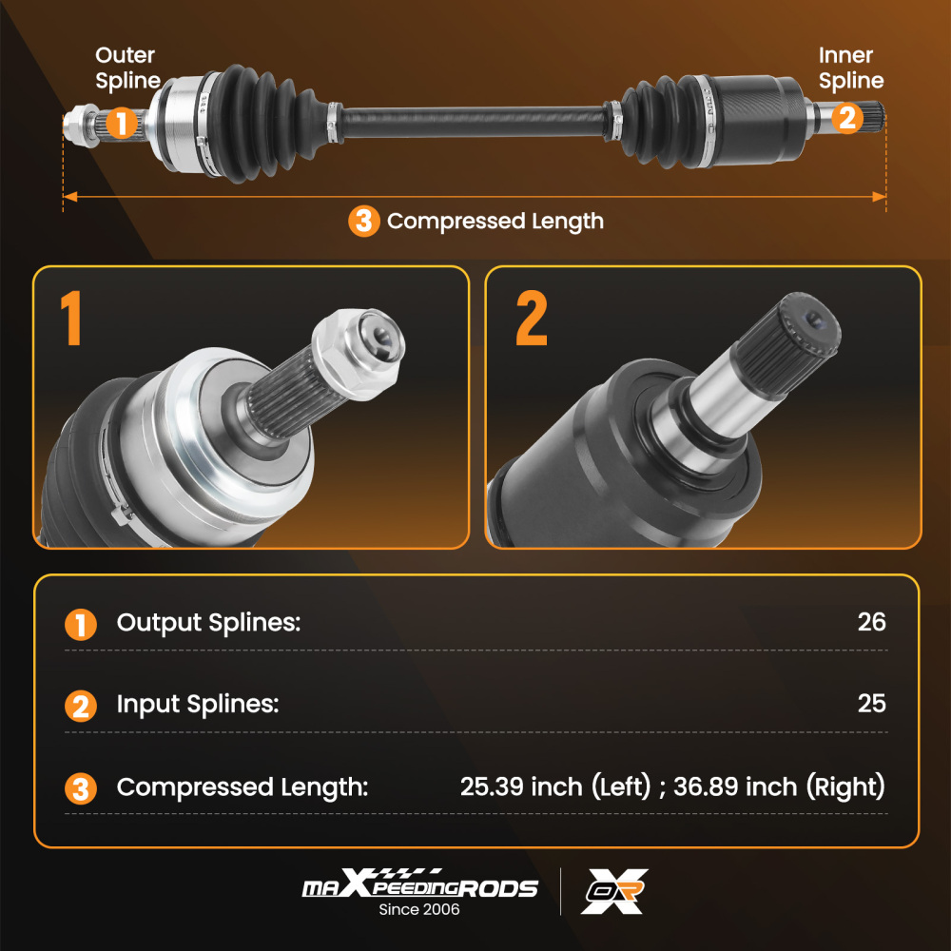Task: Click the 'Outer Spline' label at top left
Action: click(127, 68)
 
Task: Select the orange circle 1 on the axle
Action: click(120, 123)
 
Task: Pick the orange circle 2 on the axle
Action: click(848, 118)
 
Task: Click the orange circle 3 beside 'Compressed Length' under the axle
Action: click(363, 222)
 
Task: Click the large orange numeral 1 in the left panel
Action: click(69, 319)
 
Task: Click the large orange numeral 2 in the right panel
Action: click(532, 319)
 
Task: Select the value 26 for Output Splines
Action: click(871, 622)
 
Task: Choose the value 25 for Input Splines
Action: click(871, 704)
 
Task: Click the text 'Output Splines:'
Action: click(208, 623)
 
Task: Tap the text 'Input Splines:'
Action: click(198, 705)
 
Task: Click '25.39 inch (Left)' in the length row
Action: click(553, 787)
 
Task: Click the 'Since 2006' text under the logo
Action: click(419, 909)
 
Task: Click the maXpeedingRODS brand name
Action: click(419, 887)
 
